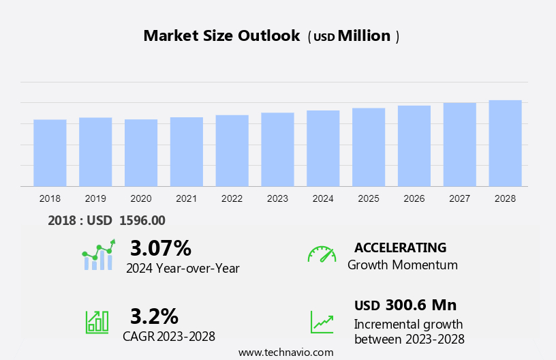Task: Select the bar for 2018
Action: (x=50, y=153)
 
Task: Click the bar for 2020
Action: (x=141, y=153)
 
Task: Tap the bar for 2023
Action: (x=277, y=149)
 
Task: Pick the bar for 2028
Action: (x=505, y=143)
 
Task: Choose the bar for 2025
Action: (x=369, y=147)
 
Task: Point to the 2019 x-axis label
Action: (x=95, y=198)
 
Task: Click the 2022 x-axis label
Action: (x=232, y=198)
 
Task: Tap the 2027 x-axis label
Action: (x=460, y=198)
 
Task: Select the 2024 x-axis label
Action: (x=323, y=198)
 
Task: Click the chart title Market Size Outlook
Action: (x=221, y=36)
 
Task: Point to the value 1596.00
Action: (x=142, y=220)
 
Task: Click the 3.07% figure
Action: (x=161, y=247)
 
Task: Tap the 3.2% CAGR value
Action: (x=154, y=316)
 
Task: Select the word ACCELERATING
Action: (x=400, y=247)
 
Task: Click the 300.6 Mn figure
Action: (x=420, y=305)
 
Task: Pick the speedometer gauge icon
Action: (x=322, y=254)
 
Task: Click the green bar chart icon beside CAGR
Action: (x=97, y=321)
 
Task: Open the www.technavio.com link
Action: (x=285, y=352)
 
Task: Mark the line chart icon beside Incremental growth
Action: (x=322, y=322)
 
